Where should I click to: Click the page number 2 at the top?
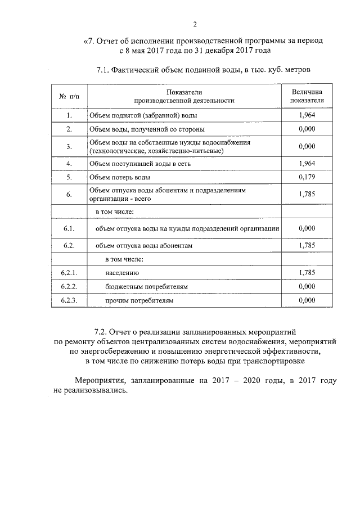click(195, 24)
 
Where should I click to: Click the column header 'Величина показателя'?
click(307, 96)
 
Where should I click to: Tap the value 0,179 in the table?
click(307, 177)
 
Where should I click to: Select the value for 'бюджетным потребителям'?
click(307, 286)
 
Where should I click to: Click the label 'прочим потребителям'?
click(139, 301)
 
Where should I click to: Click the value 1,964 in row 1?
click(307, 115)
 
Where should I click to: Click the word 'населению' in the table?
click(121, 273)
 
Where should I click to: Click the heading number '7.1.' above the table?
click(106, 70)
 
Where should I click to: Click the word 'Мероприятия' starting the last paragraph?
click(100, 380)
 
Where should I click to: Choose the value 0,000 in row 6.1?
click(307, 228)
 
